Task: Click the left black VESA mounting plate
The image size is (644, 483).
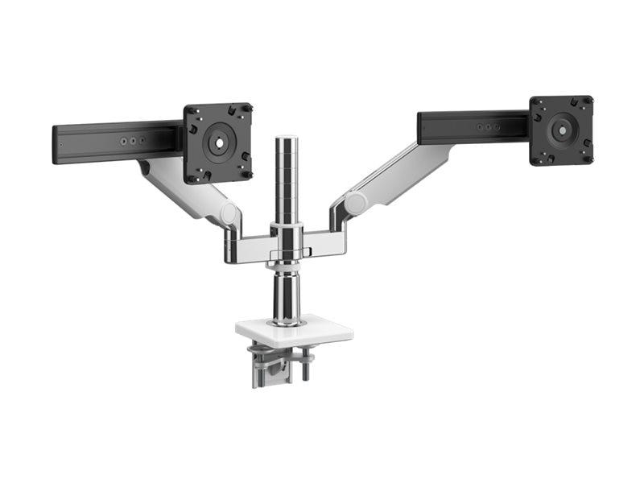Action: (x=217, y=142)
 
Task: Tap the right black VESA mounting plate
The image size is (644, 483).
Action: (x=561, y=130)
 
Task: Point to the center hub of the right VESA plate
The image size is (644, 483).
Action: (x=561, y=128)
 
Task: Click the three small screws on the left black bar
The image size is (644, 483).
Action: (x=133, y=139)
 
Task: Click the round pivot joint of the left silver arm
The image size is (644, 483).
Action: (x=230, y=214)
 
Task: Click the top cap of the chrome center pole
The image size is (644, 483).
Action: (x=287, y=140)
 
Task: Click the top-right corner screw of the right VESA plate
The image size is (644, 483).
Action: (x=587, y=101)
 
